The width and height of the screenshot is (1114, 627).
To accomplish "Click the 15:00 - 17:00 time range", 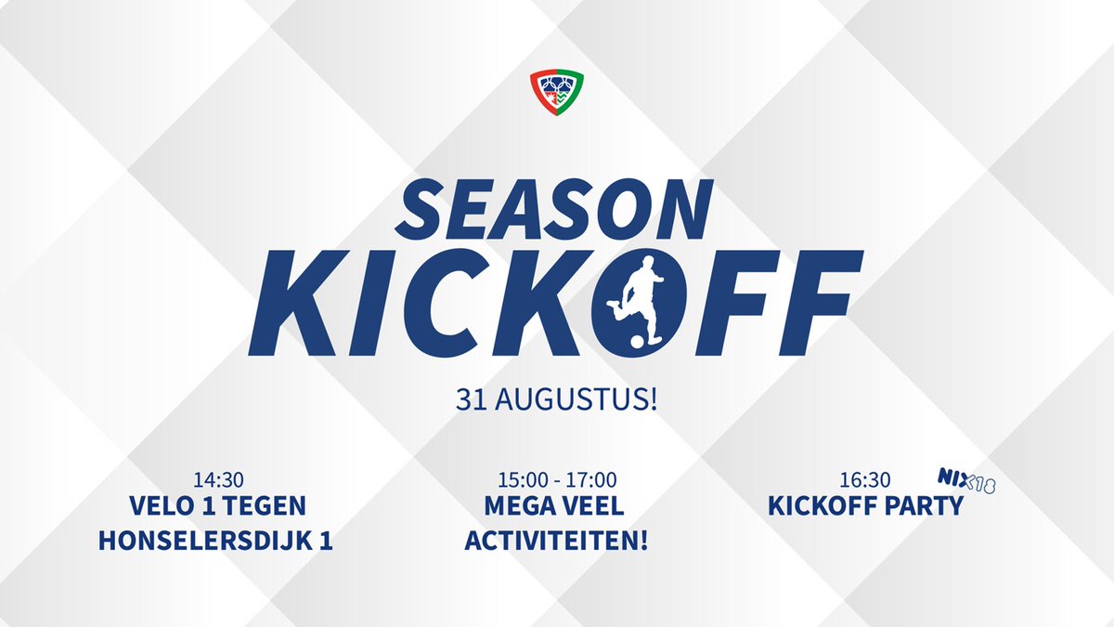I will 557,480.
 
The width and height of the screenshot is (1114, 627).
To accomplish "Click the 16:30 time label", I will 866,480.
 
